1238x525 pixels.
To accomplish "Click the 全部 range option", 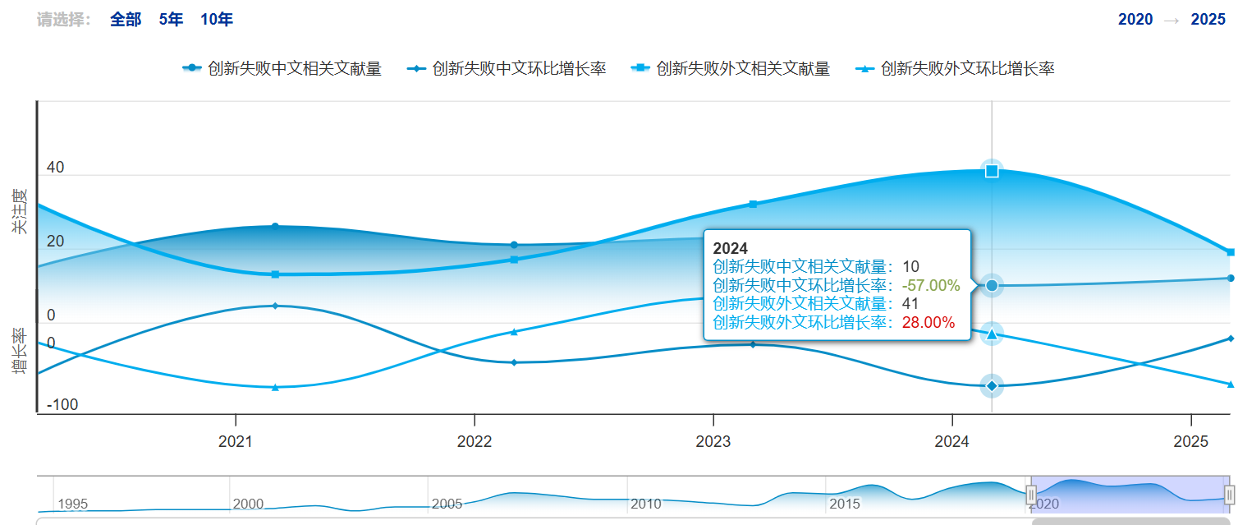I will (126, 20).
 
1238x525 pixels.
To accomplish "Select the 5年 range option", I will (171, 20).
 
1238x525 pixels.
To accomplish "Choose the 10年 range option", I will (217, 20).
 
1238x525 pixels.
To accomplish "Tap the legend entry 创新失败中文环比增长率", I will (507, 69).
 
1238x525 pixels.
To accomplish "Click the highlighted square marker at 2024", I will (992, 171).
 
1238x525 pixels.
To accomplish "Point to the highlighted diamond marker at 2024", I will (992, 385).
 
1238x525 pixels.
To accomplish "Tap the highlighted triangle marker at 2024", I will (992, 334).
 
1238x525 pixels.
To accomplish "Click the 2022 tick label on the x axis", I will (474, 442).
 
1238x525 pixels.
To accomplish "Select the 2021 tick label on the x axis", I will (236, 442).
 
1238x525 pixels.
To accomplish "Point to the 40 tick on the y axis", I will (56, 168).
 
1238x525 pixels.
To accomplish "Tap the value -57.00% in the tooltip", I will (930, 285).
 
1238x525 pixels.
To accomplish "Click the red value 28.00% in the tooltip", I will (928, 323).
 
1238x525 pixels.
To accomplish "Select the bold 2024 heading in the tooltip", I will (731, 248).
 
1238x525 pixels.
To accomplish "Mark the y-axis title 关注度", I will (19, 211).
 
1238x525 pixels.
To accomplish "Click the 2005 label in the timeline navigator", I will (447, 504).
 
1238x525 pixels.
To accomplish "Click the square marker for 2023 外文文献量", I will (753, 204).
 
